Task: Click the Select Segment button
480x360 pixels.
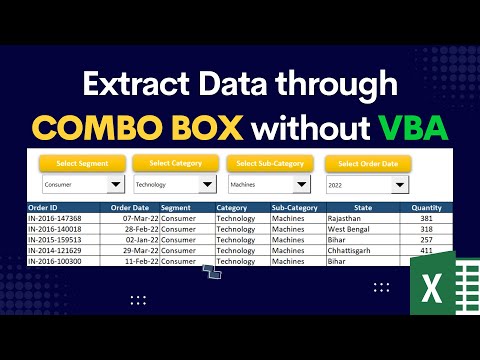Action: coord(82,163)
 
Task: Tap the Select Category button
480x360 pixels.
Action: coord(176,163)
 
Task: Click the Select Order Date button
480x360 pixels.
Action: coord(368,163)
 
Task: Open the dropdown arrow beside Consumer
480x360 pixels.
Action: coord(116,185)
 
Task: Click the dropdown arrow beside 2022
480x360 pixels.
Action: coord(399,185)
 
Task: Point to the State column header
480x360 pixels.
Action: coord(363,208)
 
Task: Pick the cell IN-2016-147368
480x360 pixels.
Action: coord(56,218)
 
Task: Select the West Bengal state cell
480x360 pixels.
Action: coord(349,229)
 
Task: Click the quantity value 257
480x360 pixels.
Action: coord(426,240)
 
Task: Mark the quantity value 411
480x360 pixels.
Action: coord(426,251)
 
